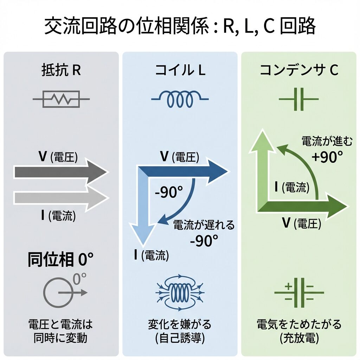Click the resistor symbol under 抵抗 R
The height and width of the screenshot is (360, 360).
click(61, 99)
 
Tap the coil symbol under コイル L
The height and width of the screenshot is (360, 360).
click(180, 99)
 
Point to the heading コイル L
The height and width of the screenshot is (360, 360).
click(180, 71)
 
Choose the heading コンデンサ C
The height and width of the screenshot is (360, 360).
click(299, 71)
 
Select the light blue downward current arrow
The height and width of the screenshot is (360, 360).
click(143, 211)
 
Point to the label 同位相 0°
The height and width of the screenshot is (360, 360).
click(60, 261)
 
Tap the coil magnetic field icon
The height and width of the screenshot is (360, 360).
click(180, 292)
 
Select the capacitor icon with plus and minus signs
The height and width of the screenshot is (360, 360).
click(299, 292)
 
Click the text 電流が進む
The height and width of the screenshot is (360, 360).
click(322, 141)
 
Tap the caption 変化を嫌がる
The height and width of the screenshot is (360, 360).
click(180, 324)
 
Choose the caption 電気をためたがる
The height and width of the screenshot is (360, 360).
click(299, 324)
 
